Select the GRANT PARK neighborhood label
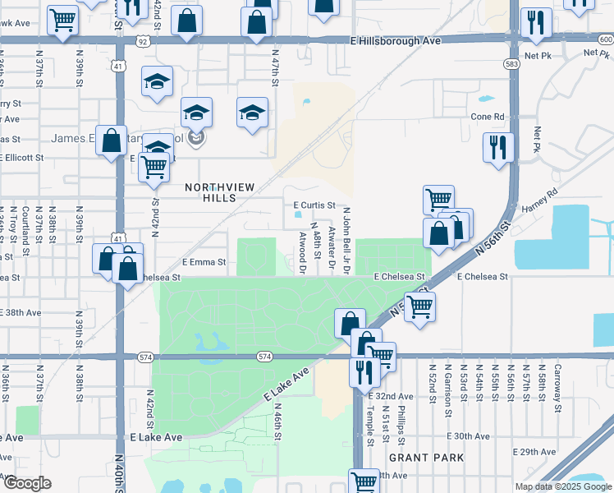[x=426, y=457]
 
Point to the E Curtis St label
[x=314, y=205]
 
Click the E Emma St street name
[x=204, y=262]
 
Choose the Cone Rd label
[x=487, y=117]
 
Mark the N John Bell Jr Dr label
[x=346, y=239]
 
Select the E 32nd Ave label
[x=396, y=396]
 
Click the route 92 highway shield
[x=143, y=40]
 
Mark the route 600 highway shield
[x=605, y=39]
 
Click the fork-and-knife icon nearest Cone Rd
[x=497, y=148]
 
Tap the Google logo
[x=26, y=483]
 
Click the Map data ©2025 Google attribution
[x=563, y=486]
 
